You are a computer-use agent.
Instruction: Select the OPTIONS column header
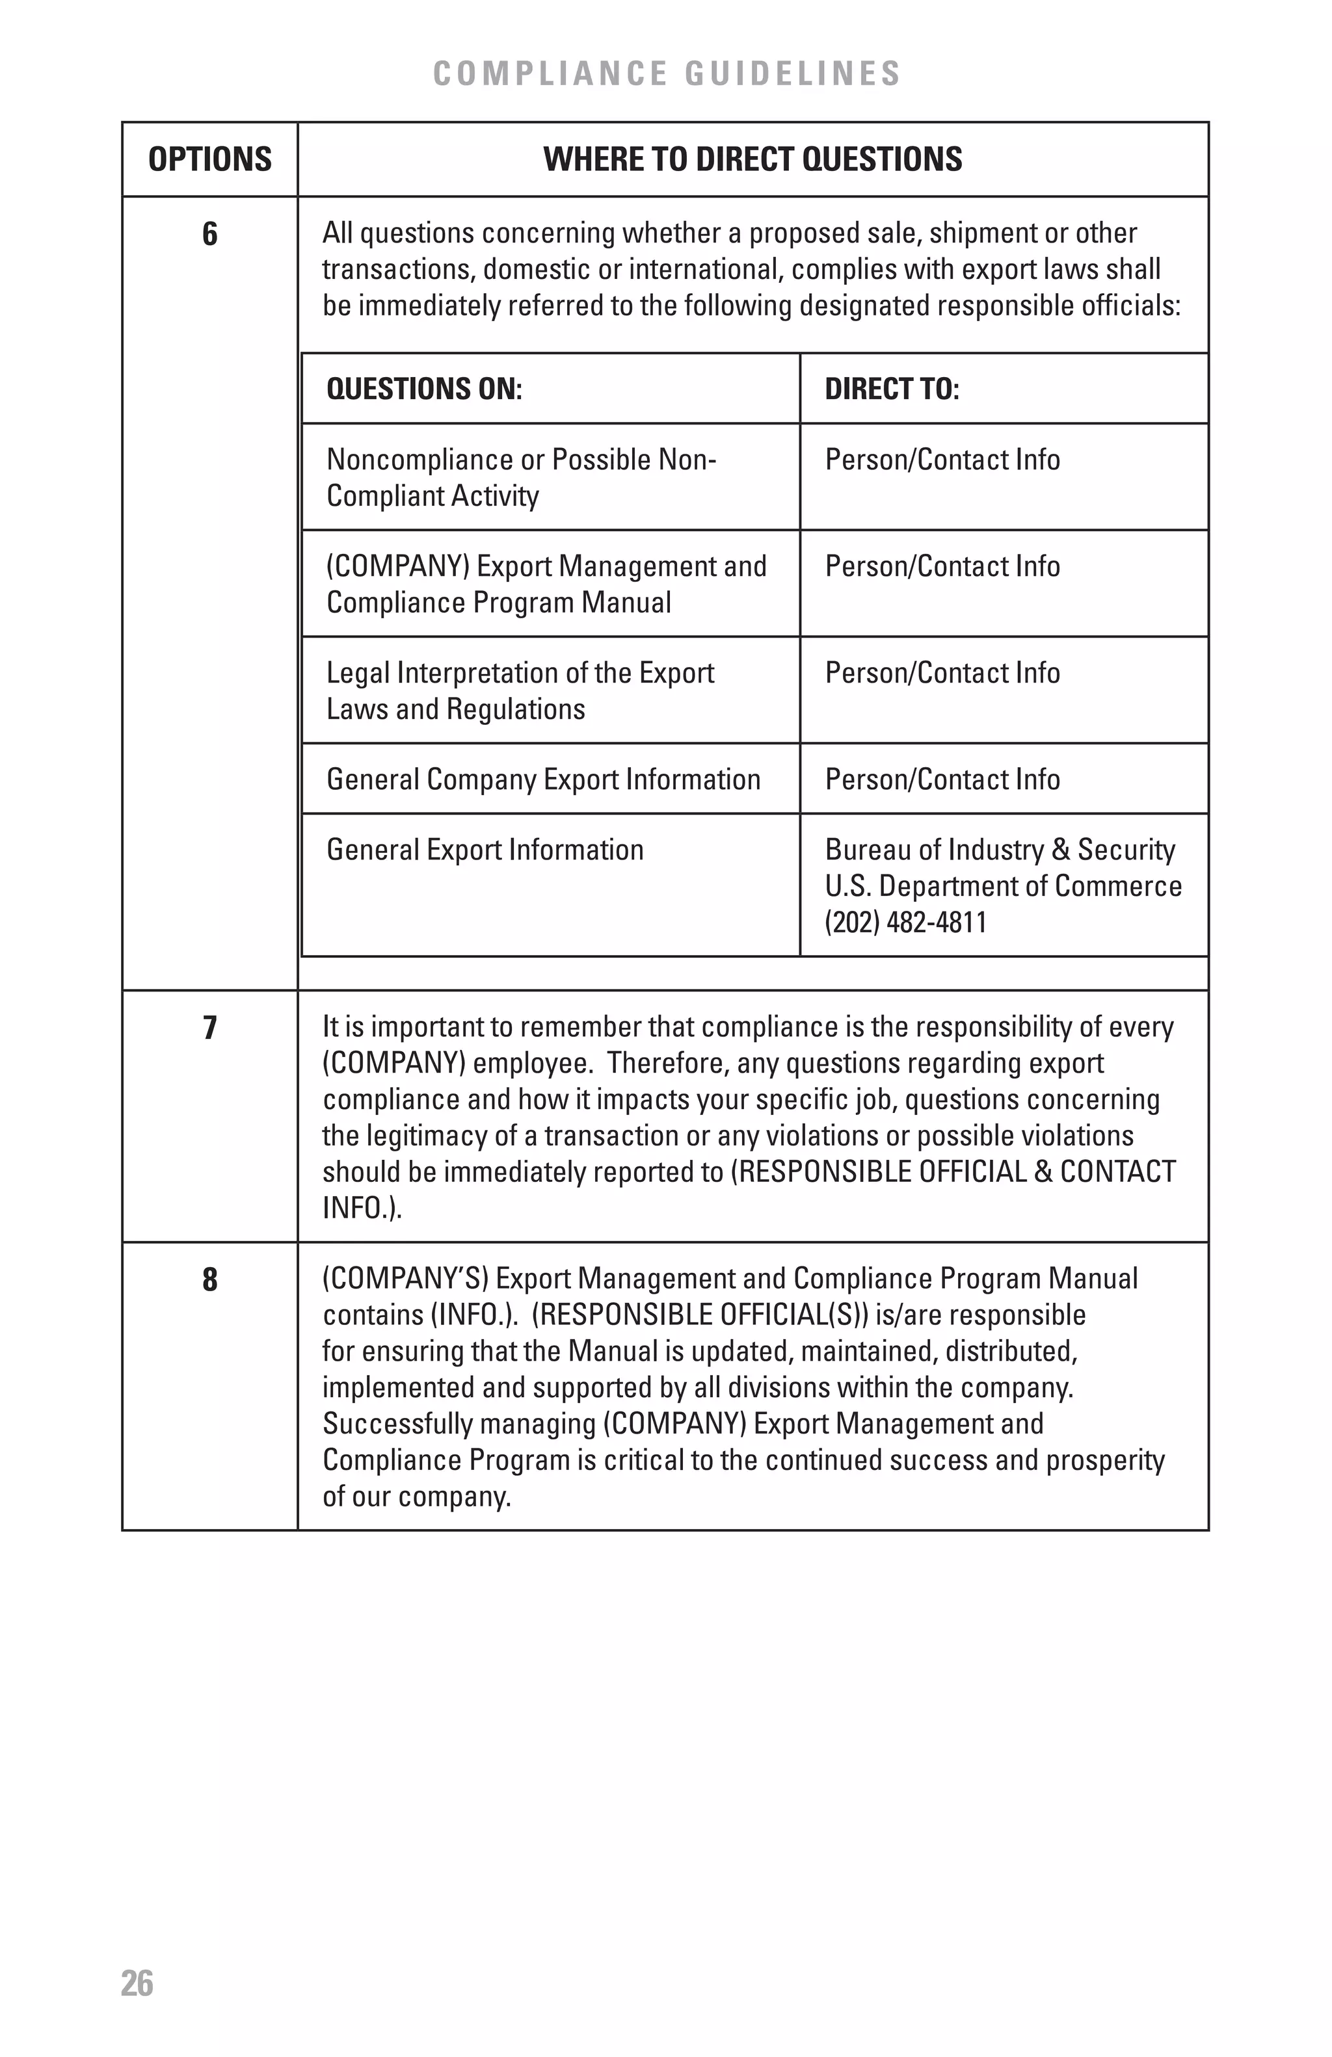[210, 160]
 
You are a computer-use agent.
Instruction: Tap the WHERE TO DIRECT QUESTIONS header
[752, 160]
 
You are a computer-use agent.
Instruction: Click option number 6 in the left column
[210, 234]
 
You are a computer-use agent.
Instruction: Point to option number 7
[210, 1028]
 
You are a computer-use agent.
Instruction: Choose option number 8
[210, 1279]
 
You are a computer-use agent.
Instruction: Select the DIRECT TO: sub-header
[891, 389]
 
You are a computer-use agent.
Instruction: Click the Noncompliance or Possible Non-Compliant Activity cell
[520, 477]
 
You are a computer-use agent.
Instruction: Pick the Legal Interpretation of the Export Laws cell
[520, 690]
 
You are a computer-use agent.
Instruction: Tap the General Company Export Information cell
[543, 780]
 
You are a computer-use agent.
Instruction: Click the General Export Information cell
[485, 850]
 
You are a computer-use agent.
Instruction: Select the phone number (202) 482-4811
[905, 922]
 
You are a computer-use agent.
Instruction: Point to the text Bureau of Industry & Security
[999, 850]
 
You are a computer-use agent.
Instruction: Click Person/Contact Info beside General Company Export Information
[942, 780]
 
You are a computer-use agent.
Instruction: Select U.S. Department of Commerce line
[1003, 886]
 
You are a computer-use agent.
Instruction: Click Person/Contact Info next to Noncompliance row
[942, 460]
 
